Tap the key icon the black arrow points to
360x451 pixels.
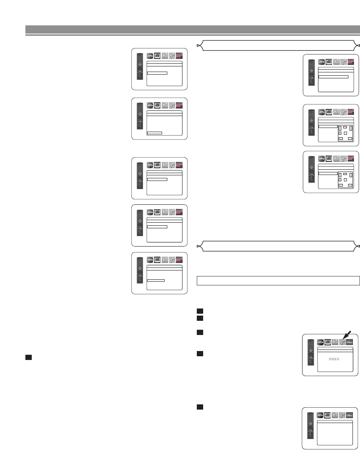point(342,341)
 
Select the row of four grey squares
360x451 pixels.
point(334,360)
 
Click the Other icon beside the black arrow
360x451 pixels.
point(350,341)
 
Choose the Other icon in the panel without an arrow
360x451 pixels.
point(350,415)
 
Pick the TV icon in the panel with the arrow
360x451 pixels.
point(328,341)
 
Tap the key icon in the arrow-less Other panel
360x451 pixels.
point(342,415)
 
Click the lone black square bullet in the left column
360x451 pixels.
point(28,357)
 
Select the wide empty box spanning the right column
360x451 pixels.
point(278,281)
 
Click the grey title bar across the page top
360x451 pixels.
point(193,29)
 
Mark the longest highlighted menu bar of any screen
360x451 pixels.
point(333,77)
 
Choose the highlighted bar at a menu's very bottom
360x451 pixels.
point(155,132)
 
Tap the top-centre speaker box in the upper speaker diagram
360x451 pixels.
point(345,128)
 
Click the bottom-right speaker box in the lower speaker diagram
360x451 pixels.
point(350,185)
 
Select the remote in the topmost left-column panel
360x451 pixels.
point(140,69)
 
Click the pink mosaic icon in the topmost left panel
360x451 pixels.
point(179,55)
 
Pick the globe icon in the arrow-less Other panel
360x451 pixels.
point(320,415)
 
